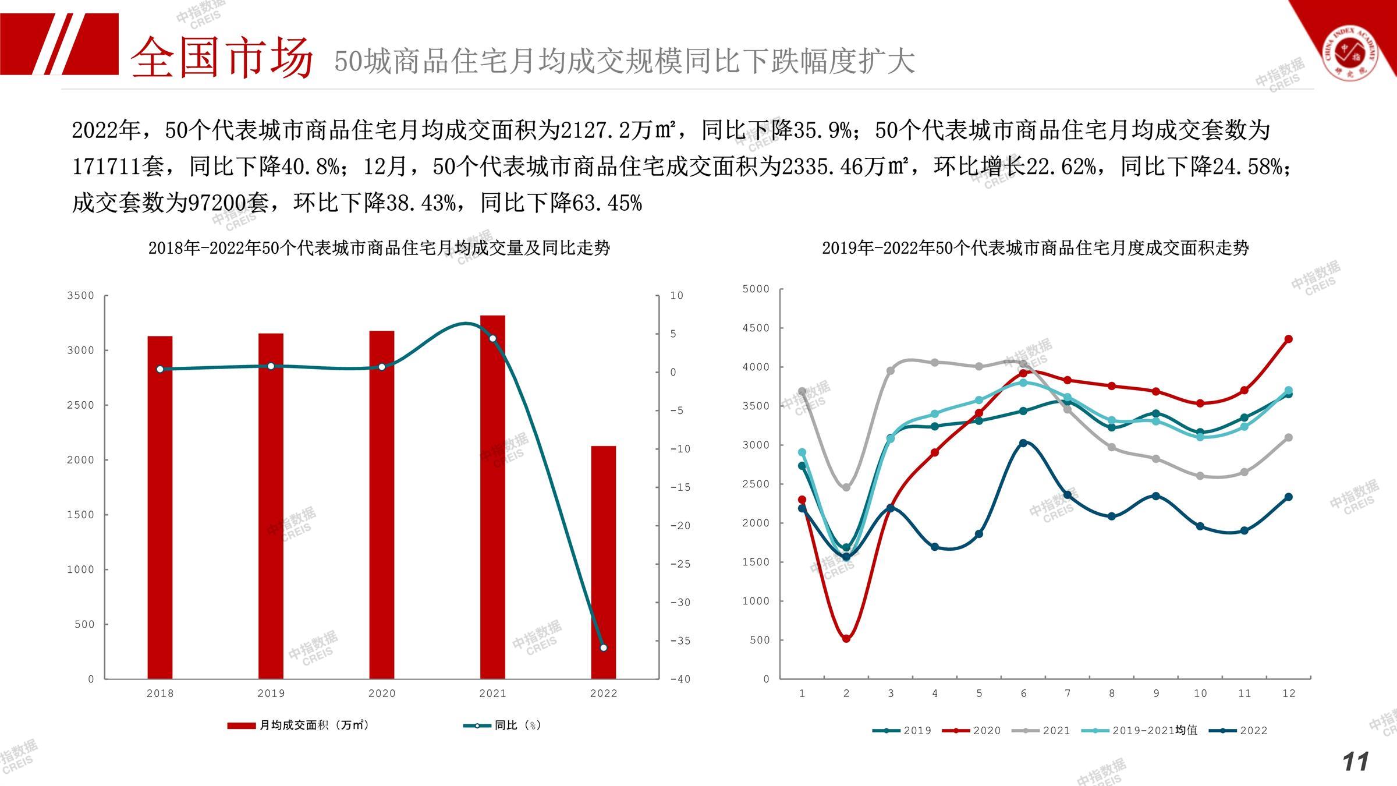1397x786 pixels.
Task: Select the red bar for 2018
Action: [x=160, y=507]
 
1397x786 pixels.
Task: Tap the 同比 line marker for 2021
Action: [x=492, y=338]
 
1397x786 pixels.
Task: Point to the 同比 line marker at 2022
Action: [x=604, y=647]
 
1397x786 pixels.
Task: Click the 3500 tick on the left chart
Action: [x=80, y=296]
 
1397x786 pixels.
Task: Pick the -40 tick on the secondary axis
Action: [x=680, y=679]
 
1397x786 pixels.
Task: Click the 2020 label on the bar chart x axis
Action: [x=382, y=693]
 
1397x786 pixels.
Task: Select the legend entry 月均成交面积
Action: [x=298, y=725]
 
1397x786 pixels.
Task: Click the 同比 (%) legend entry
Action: [x=503, y=725]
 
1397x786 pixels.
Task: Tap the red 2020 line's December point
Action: [x=1288, y=339]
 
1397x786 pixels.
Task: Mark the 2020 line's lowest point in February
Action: [x=846, y=639]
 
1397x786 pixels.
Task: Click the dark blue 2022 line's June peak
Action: [x=1023, y=443]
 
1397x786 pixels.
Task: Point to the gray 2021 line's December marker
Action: [x=1288, y=437]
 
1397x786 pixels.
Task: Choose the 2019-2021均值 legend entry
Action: [x=1140, y=731]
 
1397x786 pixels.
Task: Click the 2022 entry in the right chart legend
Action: [x=1238, y=731]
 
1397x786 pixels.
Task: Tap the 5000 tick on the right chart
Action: [x=756, y=289]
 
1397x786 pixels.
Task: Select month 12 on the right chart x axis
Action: [x=1289, y=693]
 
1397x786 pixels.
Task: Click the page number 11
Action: [x=1356, y=762]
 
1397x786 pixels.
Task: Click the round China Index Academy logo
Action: [x=1350, y=54]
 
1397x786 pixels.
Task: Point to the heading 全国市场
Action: [x=222, y=57]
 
